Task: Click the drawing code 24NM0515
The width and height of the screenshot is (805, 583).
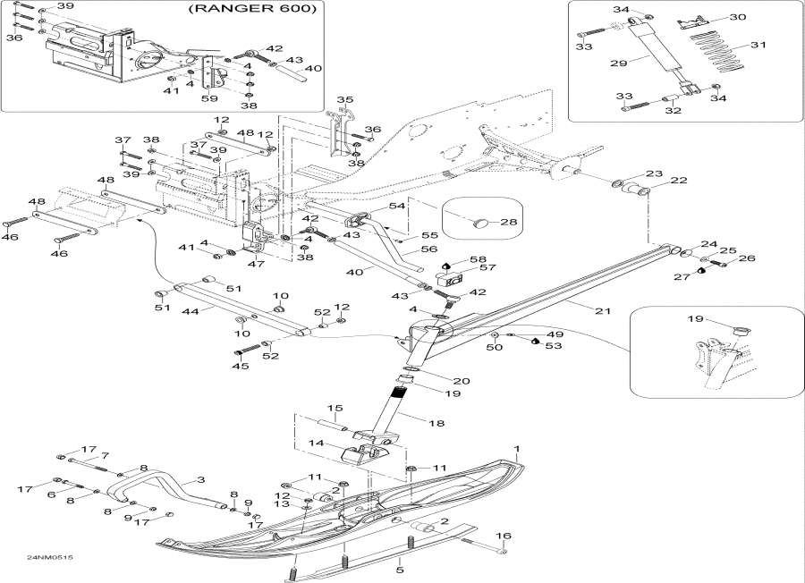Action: [x=49, y=558]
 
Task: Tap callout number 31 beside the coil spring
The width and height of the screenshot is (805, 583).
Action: [x=758, y=45]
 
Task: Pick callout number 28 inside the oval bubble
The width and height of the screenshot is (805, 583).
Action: [x=509, y=221]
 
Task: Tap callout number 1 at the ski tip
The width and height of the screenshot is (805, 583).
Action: [x=516, y=447]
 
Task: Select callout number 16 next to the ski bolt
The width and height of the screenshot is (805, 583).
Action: [x=504, y=537]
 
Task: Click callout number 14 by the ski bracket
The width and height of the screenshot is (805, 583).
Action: [x=317, y=443]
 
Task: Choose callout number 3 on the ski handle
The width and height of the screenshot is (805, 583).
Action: [x=200, y=480]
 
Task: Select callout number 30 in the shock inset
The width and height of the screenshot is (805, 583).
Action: [x=737, y=17]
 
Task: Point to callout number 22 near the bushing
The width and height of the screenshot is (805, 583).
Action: [x=679, y=181]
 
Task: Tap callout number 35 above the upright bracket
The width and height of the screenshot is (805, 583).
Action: [x=345, y=98]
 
